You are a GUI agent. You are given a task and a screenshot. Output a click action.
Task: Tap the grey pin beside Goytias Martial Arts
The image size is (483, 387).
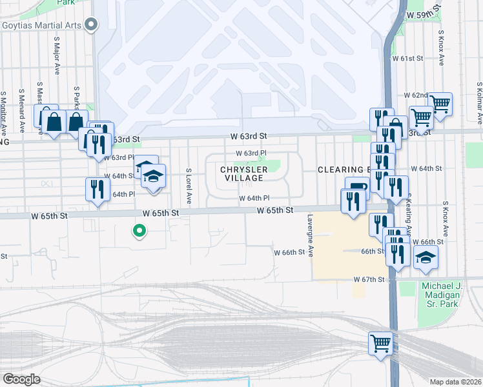click(91, 26)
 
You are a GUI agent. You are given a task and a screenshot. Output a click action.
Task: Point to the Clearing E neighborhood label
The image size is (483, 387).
click(342, 170)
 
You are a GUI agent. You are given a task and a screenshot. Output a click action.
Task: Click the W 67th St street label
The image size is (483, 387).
click(369, 279)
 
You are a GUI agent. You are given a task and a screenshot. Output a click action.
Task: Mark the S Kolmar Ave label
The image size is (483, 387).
click(479, 103)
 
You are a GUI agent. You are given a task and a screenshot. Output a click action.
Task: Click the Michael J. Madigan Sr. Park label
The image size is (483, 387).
click(448, 295)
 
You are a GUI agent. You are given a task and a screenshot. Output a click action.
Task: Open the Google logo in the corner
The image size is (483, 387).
click(22, 379)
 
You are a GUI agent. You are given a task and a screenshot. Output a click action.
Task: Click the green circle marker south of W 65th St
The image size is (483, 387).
click(138, 230)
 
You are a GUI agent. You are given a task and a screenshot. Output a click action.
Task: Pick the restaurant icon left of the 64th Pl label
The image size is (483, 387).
click(97, 188)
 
